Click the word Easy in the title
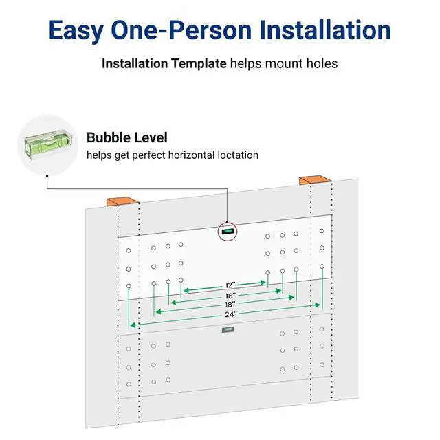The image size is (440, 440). pos(76,31)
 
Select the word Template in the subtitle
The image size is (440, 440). pos(199,64)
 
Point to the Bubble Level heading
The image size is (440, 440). pos(126,137)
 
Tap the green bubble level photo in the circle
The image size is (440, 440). pos(47,145)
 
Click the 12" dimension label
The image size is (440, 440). pos(230,285)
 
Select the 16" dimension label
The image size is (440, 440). pos(230,296)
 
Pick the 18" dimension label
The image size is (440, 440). pos(230,305)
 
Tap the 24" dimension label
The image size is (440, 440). pos(231,315)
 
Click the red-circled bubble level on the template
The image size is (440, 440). pos(228,232)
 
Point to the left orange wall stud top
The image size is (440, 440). pos(122,201)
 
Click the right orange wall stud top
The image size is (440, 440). pos(316,180)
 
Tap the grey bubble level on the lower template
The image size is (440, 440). pos(228,330)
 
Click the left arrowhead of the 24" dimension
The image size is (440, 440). pos(133,325)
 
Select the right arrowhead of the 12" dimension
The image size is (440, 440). pos(263,283)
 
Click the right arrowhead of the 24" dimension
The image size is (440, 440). pos(318,305)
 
